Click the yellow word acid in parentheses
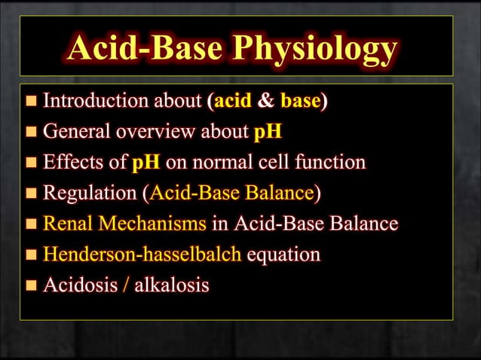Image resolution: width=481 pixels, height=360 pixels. click(228, 101)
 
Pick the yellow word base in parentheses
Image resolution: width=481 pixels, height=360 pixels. click(299, 101)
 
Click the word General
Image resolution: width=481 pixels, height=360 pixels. click(72, 132)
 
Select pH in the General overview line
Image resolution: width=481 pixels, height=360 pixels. click(268, 132)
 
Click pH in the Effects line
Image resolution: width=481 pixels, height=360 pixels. click(146, 163)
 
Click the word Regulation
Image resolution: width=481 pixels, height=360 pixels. click(90, 194)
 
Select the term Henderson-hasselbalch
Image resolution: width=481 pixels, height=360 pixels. click(142, 255)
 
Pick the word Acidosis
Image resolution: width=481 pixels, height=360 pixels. click(76, 285)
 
